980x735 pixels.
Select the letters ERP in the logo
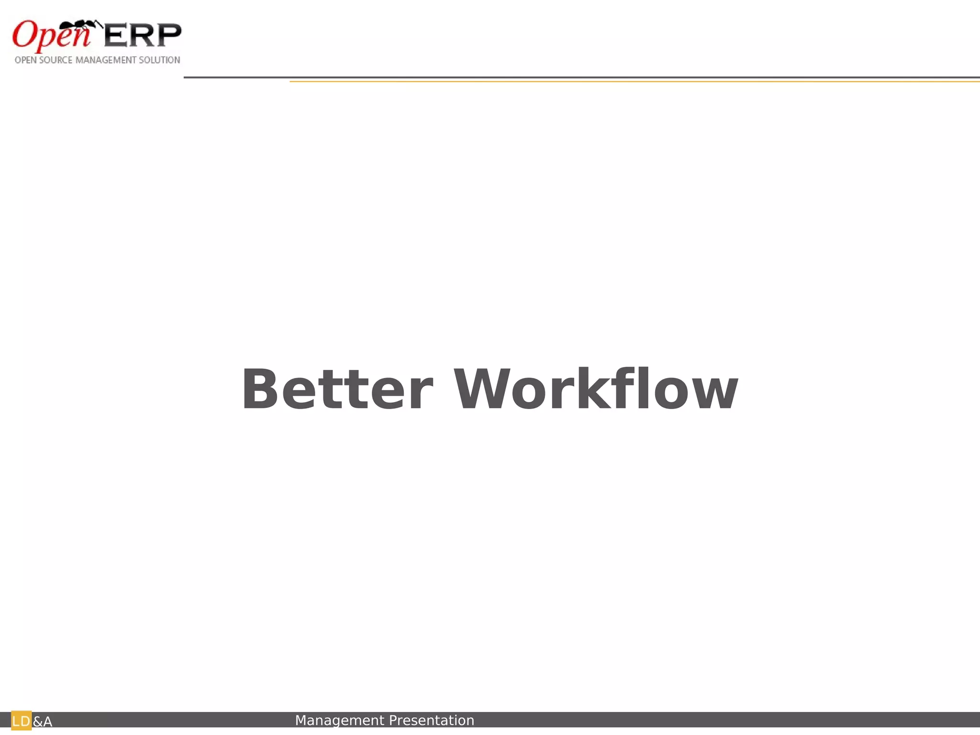[x=143, y=35]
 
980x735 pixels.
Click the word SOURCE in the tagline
[x=56, y=60]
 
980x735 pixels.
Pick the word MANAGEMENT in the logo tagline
[x=106, y=60]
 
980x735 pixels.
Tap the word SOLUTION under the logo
[x=159, y=60]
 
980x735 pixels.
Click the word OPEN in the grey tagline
[x=25, y=60]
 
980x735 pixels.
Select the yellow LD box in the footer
[x=21, y=721]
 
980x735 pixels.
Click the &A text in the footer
[x=43, y=722]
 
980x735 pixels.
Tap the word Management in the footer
[x=340, y=720]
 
